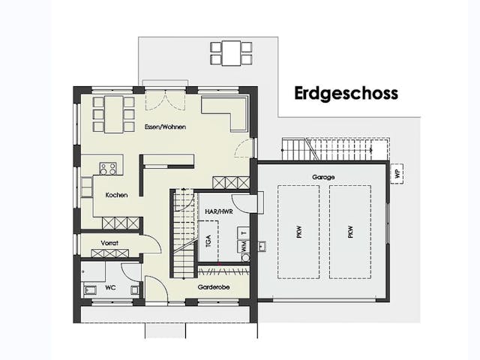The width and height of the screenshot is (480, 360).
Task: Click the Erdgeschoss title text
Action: click(346, 94)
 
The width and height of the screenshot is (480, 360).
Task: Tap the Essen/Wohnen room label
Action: click(165, 127)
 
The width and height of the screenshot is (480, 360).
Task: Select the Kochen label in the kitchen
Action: click(116, 195)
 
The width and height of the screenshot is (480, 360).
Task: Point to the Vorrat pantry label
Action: click(111, 242)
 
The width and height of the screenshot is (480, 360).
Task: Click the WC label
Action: click(109, 287)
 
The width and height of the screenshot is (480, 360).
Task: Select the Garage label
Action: click(324, 177)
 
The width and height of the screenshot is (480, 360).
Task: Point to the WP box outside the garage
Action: click(396, 173)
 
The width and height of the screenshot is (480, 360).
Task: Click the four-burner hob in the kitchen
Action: click(108, 169)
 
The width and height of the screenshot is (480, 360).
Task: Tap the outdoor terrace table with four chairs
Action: click(230, 52)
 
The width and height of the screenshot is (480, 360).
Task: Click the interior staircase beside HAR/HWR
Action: click(183, 233)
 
